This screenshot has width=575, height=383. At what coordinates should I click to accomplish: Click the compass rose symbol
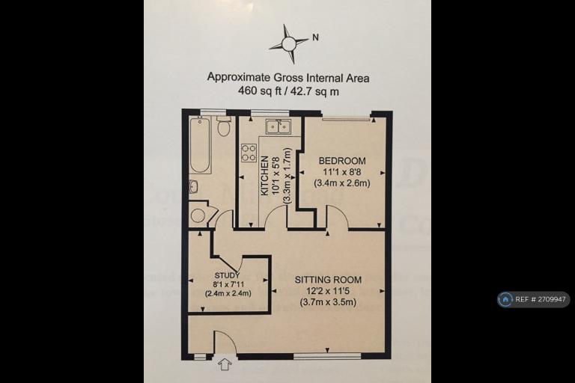click(x=289, y=43)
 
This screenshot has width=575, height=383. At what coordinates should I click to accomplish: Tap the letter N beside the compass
click(x=315, y=37)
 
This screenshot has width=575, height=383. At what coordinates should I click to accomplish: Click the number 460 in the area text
click(x=248, y=91)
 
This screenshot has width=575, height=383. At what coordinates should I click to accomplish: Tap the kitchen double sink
click(x=278, y=126)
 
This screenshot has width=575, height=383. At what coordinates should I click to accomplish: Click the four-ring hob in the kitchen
click(x=248, y=153)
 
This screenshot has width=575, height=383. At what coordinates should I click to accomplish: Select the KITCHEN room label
click(x=265, y=175)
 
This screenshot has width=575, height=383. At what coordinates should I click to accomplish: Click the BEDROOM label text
click(x=342, y=161)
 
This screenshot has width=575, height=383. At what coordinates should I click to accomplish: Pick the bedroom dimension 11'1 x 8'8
click(x=342, y=172)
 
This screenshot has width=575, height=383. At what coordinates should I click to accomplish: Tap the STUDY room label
click(x=227, y=275)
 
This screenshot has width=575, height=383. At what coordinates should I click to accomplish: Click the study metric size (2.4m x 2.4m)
click(x=228, y=293)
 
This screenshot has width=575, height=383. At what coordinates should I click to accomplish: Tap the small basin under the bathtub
click(x=194, y=187)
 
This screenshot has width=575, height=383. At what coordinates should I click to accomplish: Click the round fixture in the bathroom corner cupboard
click(x=197, y=215)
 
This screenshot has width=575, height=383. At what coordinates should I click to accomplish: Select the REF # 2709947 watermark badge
click(x=533, y=299)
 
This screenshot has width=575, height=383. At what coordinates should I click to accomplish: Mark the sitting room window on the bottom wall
click(x=327, y=356)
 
